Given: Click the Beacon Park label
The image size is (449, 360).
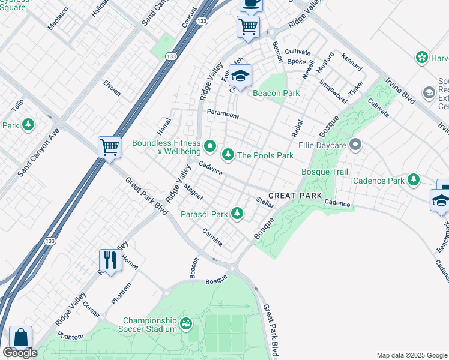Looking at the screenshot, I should point(276,93).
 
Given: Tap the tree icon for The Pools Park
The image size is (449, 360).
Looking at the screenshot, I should point(228,155).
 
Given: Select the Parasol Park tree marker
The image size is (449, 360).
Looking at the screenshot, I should point(238,214).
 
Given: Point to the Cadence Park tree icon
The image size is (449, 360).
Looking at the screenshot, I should point(413,180).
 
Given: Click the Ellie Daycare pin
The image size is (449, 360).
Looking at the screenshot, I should point(355,145).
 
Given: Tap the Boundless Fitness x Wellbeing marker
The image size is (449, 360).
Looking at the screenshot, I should point(210,146).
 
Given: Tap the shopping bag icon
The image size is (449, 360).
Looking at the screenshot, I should point(20,337).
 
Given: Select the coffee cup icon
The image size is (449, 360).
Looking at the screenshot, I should point(251,4).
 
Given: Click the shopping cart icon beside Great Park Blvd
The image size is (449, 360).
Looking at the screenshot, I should point(109,146).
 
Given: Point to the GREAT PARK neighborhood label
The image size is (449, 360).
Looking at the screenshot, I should point(295,196).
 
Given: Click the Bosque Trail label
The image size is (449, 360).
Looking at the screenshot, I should point(324,172).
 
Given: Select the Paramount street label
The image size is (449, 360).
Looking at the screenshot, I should point(223,114).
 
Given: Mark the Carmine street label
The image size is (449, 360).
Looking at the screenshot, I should point(213,238).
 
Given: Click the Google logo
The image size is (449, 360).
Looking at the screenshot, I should point(20,353).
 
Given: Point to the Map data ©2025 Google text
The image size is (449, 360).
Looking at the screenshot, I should point(411,355).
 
